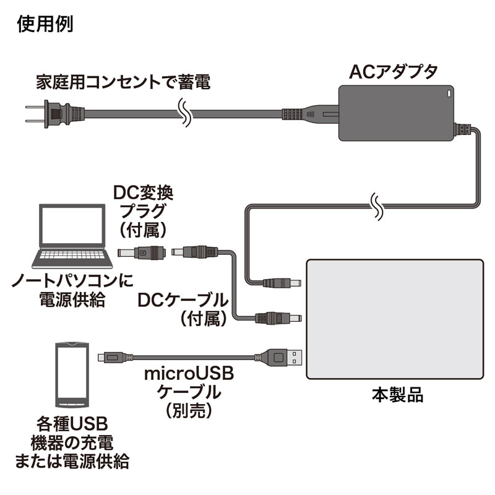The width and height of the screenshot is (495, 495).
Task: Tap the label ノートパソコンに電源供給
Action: coord(64,291)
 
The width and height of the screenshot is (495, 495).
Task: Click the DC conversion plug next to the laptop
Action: coord(142,252)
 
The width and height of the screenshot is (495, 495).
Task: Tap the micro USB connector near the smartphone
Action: coord(106,357)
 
